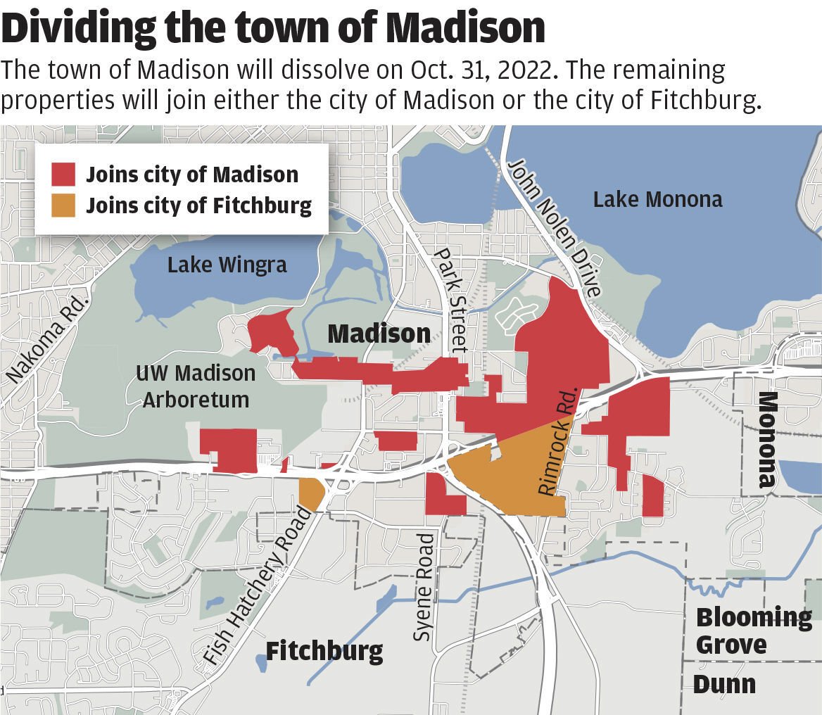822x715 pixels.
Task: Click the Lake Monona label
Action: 657,199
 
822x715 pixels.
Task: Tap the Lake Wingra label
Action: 227,265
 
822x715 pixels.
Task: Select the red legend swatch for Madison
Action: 63,174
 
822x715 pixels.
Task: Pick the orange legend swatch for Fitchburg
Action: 63,205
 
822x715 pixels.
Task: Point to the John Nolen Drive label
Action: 555,227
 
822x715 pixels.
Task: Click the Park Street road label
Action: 450,299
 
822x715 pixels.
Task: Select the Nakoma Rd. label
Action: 49,339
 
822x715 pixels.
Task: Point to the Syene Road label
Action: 424,587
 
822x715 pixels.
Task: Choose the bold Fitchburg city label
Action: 324,651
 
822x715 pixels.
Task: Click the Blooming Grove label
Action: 752,631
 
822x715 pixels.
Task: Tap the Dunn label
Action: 724,684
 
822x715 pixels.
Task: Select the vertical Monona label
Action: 766,440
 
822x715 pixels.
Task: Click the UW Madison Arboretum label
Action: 196,386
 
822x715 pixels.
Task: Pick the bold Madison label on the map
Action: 379,334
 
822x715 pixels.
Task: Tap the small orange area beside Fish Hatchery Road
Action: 310,493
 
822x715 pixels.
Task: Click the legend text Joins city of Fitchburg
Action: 198,205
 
